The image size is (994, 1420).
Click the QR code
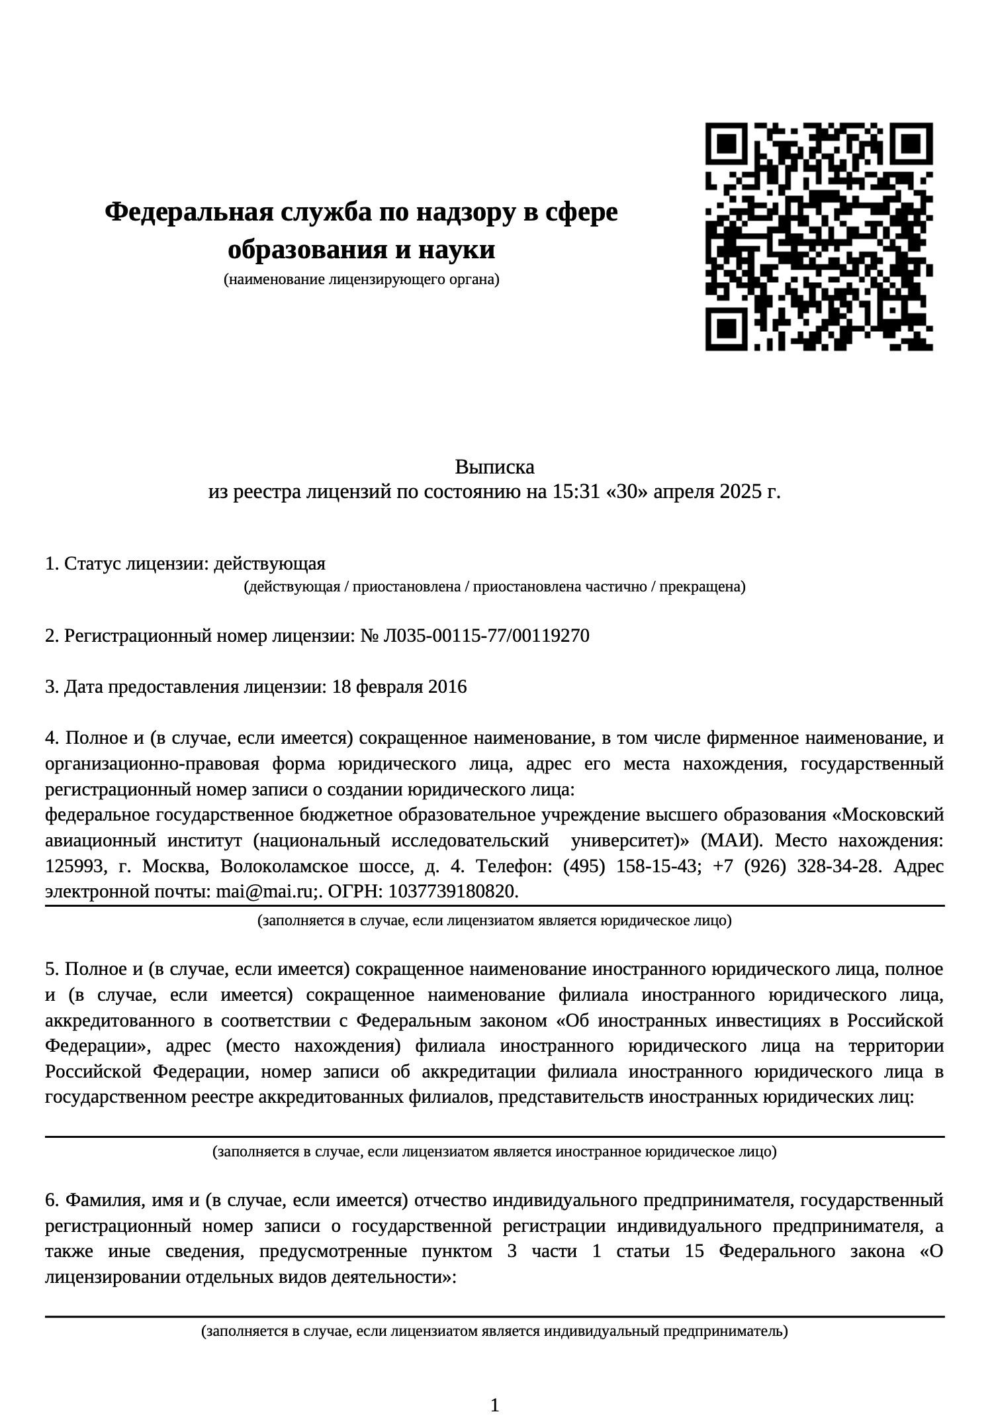pyautogui.click(x=819, y=236)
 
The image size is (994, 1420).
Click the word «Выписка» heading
pyautogui.click(x=494, y=468)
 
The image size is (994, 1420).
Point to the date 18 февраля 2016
pyautogui.click(x=399, y=687)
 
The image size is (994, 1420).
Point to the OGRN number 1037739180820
pyautogui.click(x=453, y=892)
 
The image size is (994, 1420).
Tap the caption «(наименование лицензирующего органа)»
pyautogui.click(x=361, y=280)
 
